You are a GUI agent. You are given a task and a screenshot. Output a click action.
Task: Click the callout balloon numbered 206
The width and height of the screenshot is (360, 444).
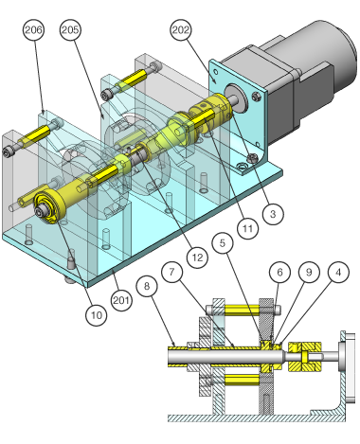pyautogui.click(x=33, y=29)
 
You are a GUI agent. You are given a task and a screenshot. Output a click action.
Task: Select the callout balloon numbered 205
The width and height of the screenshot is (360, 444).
pyautogui.click(x=70, y=29)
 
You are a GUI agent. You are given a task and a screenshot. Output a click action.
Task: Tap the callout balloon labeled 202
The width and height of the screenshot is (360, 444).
pyautogui.click(x=181, y=29)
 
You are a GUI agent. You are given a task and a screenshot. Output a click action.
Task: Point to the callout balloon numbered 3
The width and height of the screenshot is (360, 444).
pyautogui.click(x=273, y=214)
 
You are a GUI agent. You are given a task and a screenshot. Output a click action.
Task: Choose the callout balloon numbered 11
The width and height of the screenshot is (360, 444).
pyautogui.click(x=248, y=228)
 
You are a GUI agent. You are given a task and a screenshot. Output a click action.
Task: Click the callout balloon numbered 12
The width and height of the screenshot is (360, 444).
pyautogui.click(x=197, y=258)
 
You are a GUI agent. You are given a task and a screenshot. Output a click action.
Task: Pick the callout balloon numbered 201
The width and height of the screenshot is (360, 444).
pyautogui.click(x=122, y=300)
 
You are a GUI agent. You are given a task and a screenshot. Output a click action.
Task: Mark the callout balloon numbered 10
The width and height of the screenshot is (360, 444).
pyautogui.click(x=97, y=315)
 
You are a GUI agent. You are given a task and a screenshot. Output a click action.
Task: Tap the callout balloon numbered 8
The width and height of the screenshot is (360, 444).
pyautogui.click(x=147, y=286)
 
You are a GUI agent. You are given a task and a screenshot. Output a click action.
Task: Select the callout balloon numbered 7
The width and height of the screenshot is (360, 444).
pyautogui.click(x=171, y=272)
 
